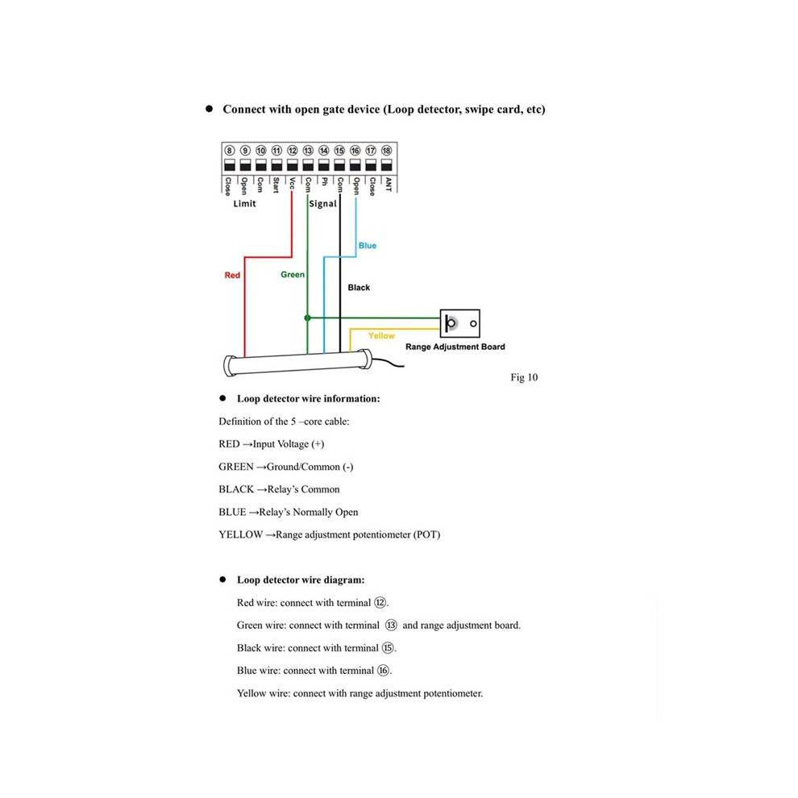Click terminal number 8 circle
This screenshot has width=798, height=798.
[230, 151]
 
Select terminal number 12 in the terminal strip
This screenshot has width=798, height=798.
[292, 151]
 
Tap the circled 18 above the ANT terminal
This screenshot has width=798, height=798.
[386, 151]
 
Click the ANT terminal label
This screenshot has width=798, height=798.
[388, 185]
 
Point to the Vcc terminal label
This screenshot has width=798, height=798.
[292, 183]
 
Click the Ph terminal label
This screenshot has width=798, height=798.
[324, 181]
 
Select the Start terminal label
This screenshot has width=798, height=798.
[276, 185]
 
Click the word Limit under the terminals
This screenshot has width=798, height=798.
[244, 204]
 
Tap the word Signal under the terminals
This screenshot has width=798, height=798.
[322, 204]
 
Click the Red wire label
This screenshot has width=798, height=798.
[232, 276]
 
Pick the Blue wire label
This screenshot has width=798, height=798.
[367, 246]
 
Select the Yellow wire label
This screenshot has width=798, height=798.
[381, 336]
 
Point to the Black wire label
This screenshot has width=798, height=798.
[359, 288]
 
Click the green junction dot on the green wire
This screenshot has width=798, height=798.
[307, 318]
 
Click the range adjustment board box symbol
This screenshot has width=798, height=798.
[459, 323]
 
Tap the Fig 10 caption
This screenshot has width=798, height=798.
[524, 377]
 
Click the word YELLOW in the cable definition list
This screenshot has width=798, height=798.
[241, 534]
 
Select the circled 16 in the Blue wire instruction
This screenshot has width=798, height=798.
[383, 671]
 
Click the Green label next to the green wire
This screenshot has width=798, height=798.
[293, 275]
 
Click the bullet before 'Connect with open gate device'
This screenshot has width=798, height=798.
[209, 109]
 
